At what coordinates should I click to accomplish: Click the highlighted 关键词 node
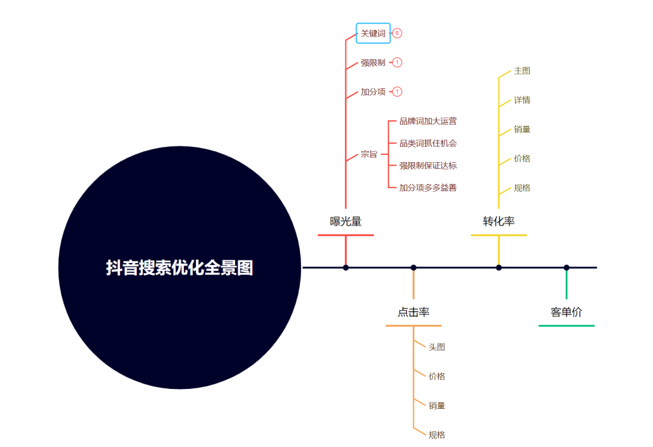coord(373,33)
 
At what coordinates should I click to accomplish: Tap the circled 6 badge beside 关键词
coord(397,33)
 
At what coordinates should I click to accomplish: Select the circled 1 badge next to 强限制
coord(397,62)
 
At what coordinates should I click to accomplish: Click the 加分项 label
coord(373,92)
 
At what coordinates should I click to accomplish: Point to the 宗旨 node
coord(369,154)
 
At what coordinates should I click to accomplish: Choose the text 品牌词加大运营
coord(428,121)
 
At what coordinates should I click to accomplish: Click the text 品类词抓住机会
coord(428,143)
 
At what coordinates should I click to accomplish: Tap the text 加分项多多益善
coord(428,188)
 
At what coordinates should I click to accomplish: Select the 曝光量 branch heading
coord(346,221)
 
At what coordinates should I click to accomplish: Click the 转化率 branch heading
coord(499,221)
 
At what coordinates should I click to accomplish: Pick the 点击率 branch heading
coord(414,312)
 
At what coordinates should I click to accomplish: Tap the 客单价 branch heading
coord(567,312)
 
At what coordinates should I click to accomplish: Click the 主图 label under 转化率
coord(522,71)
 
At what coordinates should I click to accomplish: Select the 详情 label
coord(522,100)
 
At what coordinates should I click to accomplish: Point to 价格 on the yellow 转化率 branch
coord(522,158)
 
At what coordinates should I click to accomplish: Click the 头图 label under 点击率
coord(437,347)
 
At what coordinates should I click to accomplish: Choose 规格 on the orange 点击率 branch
coord(437,435)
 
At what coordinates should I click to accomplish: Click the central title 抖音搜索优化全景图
coord(180,267)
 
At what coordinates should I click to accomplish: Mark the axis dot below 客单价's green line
coord(567,267)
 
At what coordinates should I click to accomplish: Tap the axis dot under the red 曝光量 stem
coord(346,267)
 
